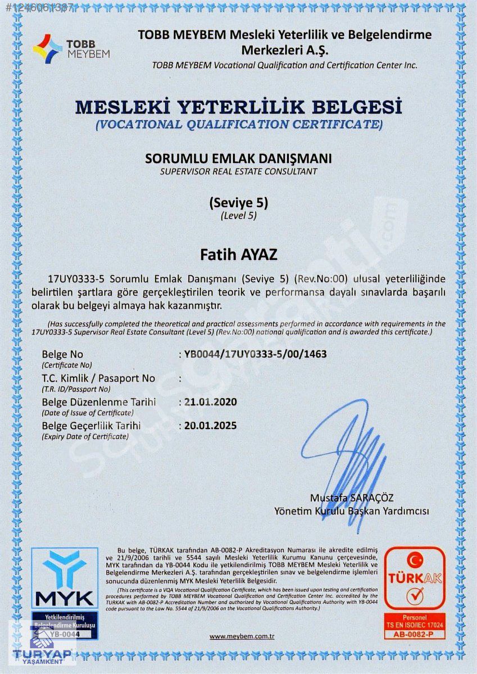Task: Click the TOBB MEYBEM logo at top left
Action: (71, 48)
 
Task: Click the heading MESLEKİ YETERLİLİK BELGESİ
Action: (239, 106)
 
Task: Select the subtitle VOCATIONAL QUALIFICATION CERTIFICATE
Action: (239, 124)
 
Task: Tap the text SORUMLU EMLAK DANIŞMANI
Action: (238, 158)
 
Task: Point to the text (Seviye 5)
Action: (238, 203)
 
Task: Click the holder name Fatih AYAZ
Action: (239, 254)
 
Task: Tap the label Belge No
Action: (62, 354)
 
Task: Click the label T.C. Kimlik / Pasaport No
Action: (98, 379)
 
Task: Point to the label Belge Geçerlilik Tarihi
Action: (91, 426)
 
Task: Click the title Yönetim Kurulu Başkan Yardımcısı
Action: (352, 511)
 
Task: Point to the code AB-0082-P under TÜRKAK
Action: (415, 634)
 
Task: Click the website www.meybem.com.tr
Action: (242, 636)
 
